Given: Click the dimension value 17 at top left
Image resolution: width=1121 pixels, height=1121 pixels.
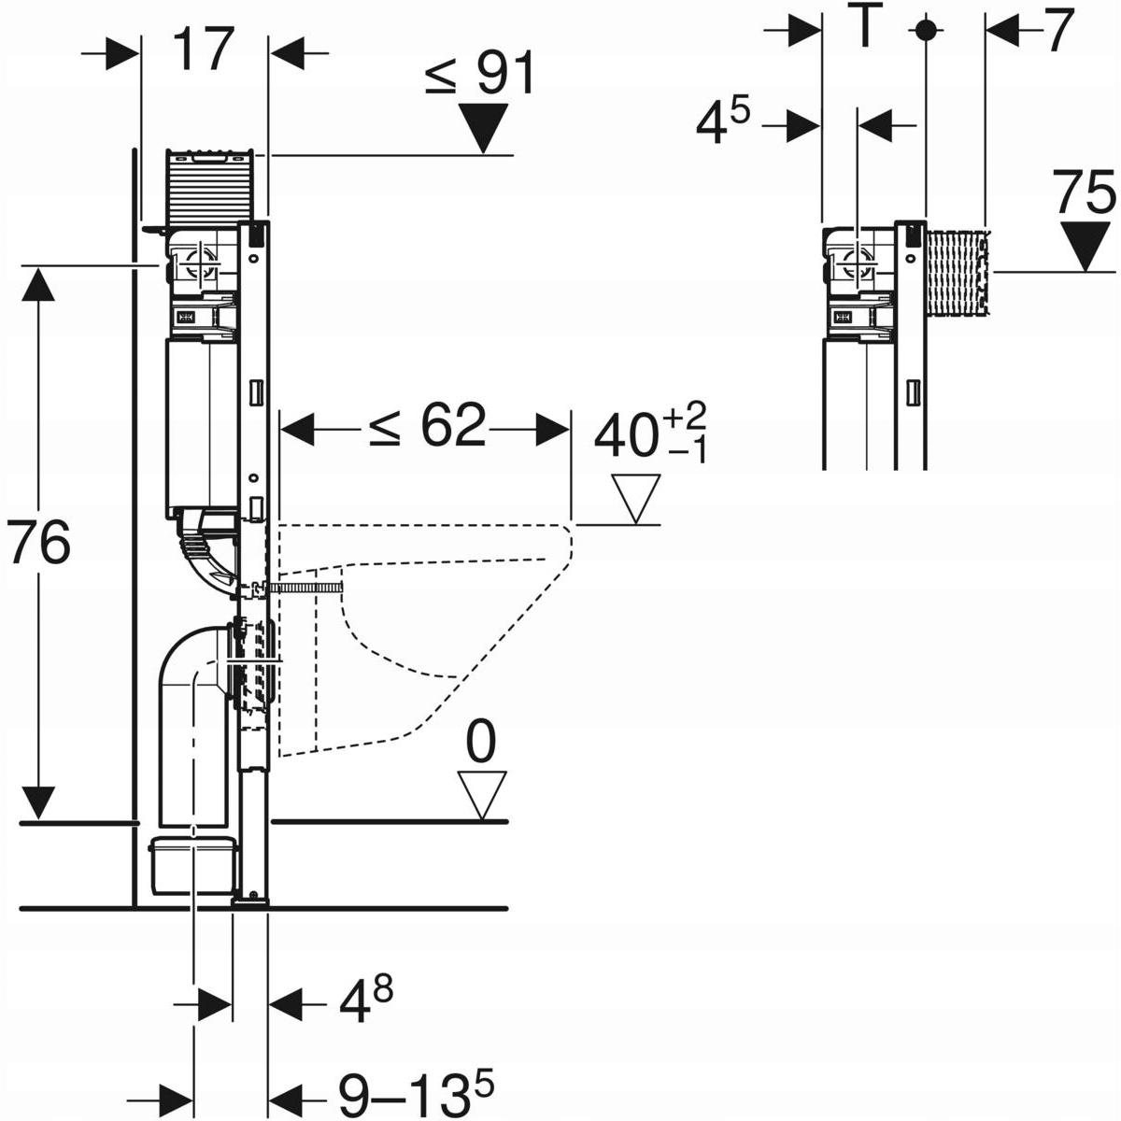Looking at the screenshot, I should pyautogui.click(x=203, y=50).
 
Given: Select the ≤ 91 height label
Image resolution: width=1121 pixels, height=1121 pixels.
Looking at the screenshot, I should pyautogui.click(x=481, y=76).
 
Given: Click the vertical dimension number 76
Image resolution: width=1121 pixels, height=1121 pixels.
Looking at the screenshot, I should pyautogui.click(x=38, y=544).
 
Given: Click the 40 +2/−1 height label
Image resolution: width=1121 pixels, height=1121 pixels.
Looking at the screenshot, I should pyautogui.click(x=650, y=433).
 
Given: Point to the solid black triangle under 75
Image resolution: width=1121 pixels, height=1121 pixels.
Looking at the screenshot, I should pyautogui.click(x=1086, y=245).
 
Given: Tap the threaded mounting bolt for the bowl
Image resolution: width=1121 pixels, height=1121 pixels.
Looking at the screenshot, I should pyautogui.click(x=304, y=587).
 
